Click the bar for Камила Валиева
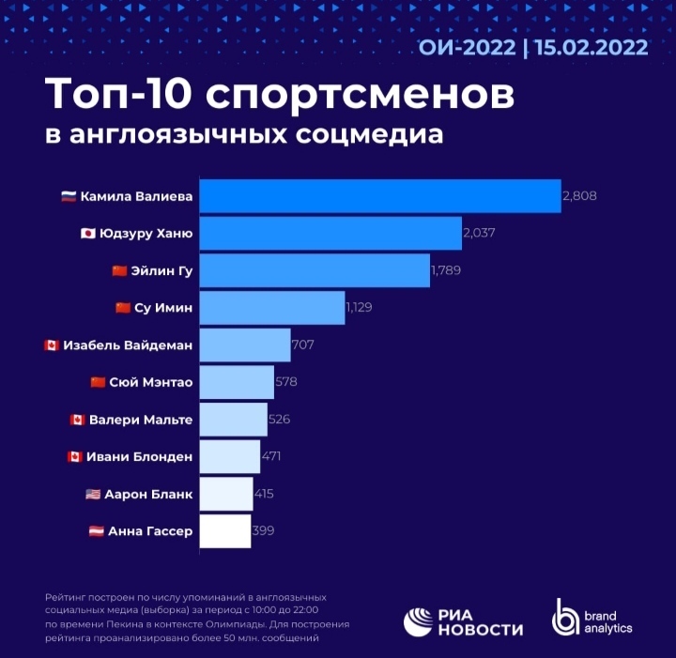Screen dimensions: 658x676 coord(380,196)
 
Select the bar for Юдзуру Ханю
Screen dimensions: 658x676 coord(330,234)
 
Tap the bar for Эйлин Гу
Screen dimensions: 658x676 coord(315,270)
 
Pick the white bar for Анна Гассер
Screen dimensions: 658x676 coord(225,530)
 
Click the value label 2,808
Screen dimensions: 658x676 coord(579,196)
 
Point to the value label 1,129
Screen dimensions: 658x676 coord(360,307)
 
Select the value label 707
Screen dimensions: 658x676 coord(302,344)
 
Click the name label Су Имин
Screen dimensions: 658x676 coord(164,308)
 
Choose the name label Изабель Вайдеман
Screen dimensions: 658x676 coord(129,345)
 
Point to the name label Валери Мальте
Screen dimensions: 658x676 coord(142,420)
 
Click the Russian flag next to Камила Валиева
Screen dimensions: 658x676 coord(69,197)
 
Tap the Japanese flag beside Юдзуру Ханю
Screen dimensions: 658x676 coord(88,234)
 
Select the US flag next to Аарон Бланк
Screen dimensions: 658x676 coord(92,494)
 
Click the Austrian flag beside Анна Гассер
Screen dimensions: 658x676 coord(96,531)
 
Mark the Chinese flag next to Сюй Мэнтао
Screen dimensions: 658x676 coord(98,382)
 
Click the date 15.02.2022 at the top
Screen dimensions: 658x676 coord(591,48)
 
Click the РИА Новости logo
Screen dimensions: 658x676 coord(463,620)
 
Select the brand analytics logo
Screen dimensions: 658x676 coord(592,620)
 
